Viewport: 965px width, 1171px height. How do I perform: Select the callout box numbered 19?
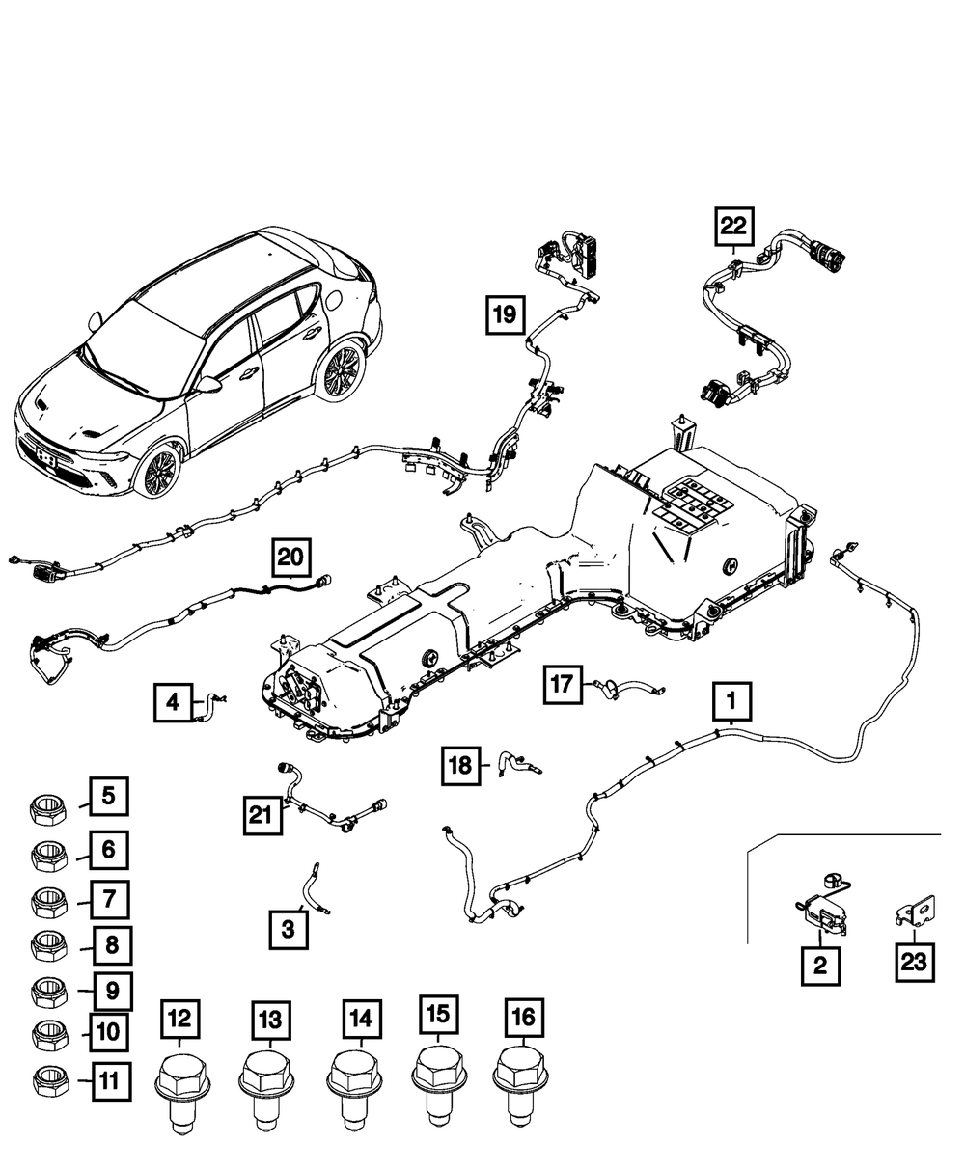coord(507,313)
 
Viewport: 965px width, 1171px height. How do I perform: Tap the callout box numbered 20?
coord(290,557)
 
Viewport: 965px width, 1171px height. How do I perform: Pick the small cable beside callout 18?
coord(517,764)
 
